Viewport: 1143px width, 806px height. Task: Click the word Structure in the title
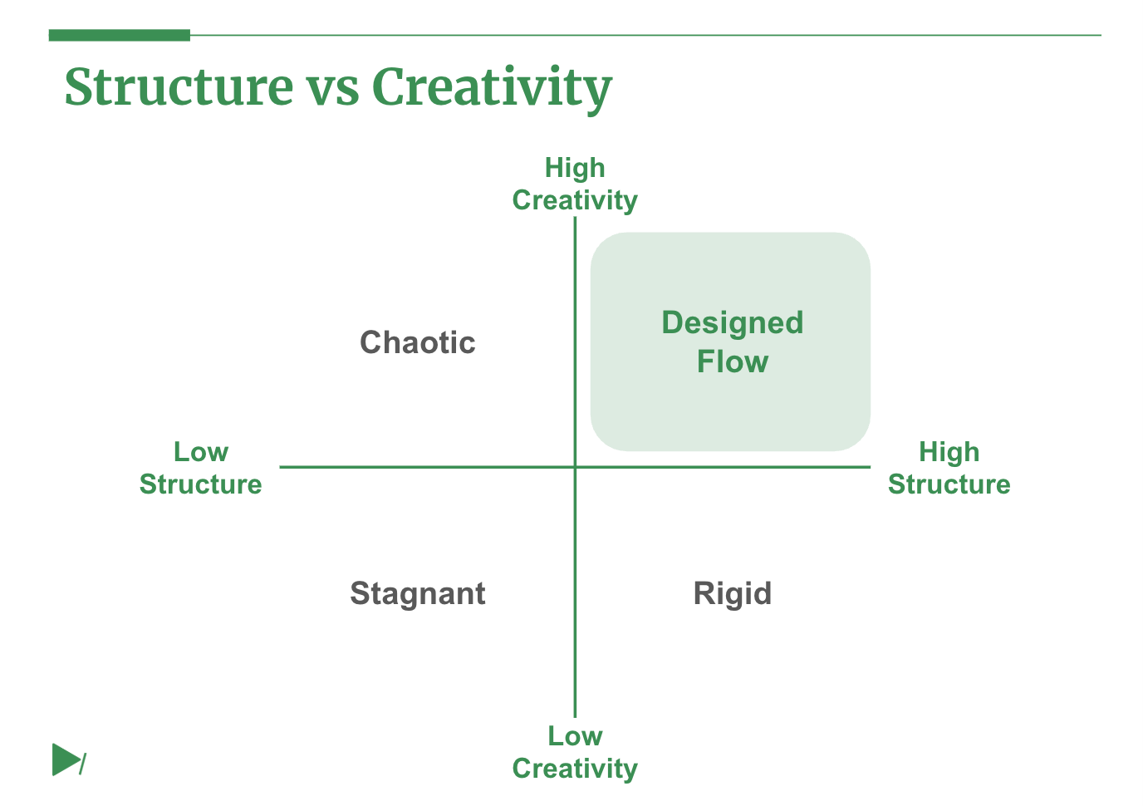179,86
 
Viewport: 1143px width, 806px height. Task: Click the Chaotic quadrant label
418,342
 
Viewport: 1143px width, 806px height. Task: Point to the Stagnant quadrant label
418,594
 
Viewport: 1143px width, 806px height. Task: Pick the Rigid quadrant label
733,594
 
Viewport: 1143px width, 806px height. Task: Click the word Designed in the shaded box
733,322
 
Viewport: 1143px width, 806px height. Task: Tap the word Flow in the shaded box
733,362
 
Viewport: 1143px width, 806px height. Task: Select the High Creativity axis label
575,184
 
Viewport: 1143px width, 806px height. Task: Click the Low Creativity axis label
575,752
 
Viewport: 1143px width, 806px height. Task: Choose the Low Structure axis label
201,468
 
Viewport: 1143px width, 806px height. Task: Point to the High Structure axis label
949,468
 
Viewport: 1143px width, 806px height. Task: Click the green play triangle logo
65,759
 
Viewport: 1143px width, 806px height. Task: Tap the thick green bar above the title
120,35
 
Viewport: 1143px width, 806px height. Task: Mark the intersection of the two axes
575,467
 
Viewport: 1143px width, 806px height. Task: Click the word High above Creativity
575,168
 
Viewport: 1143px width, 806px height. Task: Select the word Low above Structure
201,452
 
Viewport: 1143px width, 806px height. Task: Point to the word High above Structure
949,452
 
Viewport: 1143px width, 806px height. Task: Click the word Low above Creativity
575,736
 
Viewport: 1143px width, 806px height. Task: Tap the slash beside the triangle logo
83,764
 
